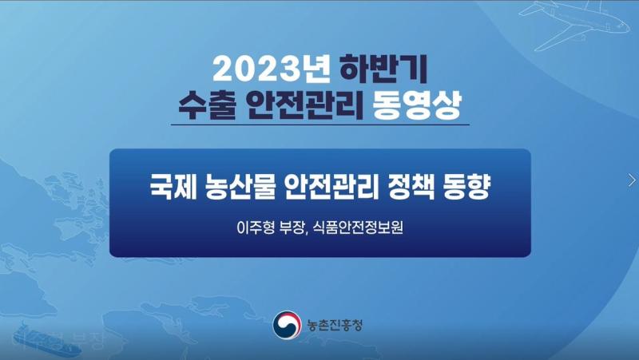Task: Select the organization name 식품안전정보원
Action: (x=359, y=227)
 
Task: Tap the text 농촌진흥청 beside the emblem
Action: (x=335, y=325)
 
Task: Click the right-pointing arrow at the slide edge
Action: (x=632, y=180)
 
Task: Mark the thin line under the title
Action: (x=319, y=125)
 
